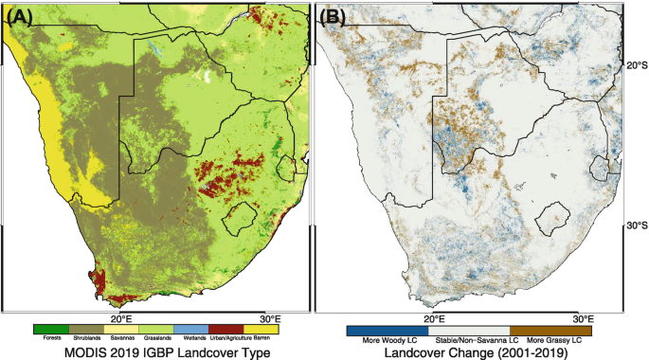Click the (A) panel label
pyautogui.click(x=21, y=16)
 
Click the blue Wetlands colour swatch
pyautogui.click(x=194, y=329)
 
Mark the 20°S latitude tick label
pyautogui.click(x=636, y=65)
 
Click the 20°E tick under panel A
pyautogui.click(x=123, y=318)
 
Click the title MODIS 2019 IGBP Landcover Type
pyautogui.click(x=161, y=352)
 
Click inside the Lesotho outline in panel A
pyautogui.click(x=237, y=219)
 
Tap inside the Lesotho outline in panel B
pyautogui.click(x=550, y=219)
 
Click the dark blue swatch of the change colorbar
pyautogui.click(x=379, y=329)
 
